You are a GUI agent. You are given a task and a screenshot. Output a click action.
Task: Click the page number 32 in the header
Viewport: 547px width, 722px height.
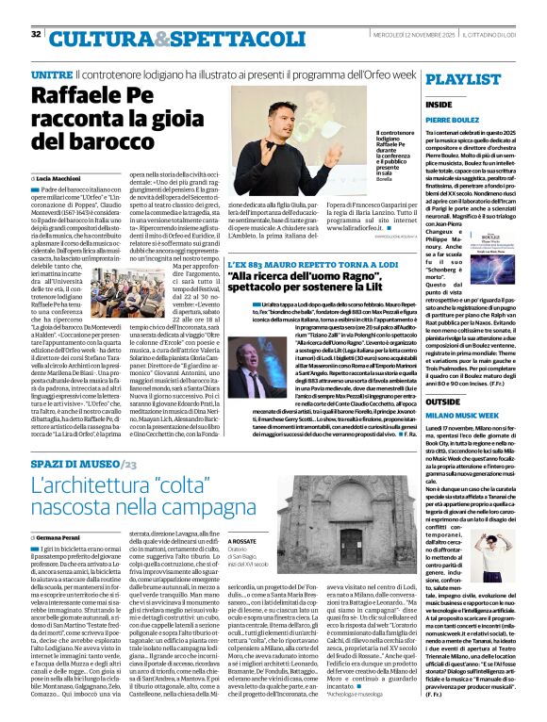point(36,34)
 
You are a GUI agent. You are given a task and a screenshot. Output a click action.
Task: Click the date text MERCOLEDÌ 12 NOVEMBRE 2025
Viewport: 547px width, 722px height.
point(431,35)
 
